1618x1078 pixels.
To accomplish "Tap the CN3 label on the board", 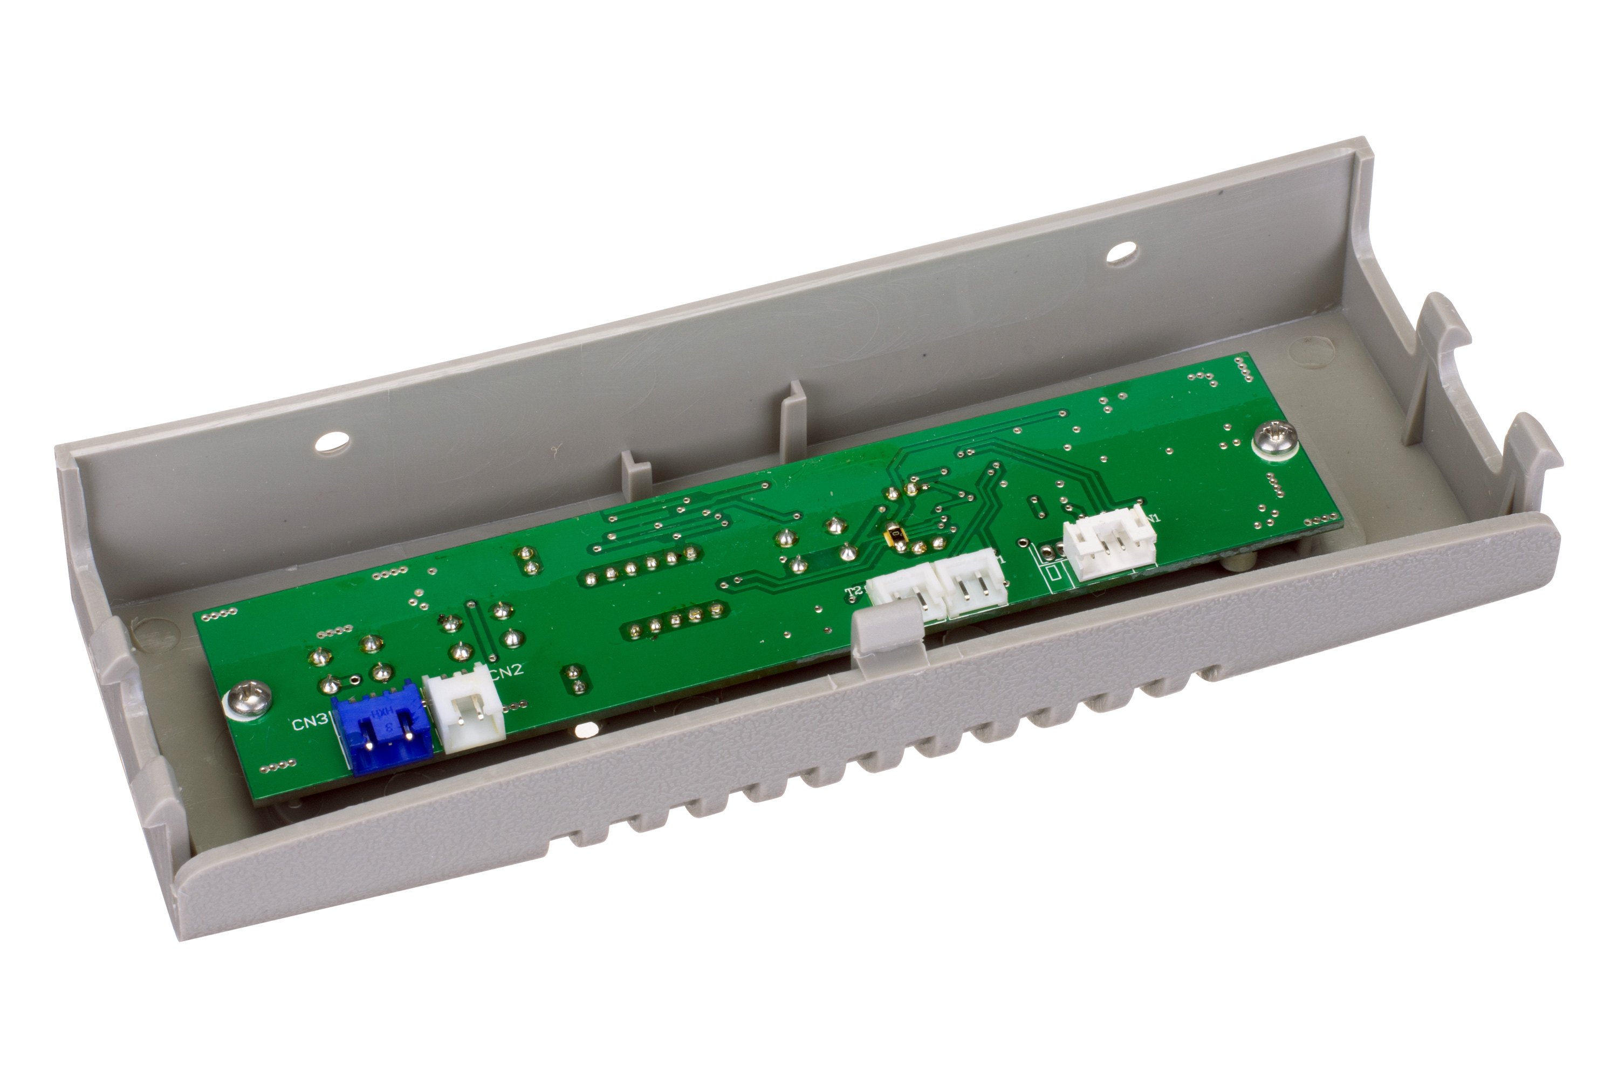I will (310, 724).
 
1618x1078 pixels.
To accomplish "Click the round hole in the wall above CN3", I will (331, 441).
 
